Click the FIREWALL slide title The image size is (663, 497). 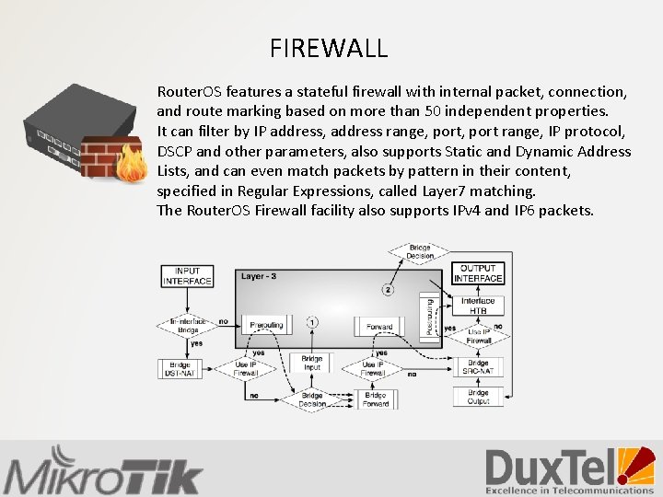(329, 48)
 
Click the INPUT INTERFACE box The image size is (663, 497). (187, 275)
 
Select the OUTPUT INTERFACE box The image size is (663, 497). (478, 272)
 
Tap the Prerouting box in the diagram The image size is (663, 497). (266, 326)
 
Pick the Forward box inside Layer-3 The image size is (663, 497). (378, 326)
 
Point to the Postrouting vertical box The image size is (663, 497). (426, 315)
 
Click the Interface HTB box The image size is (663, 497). (478, 306)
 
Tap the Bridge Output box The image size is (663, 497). (478, 396)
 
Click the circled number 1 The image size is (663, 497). (312, 322)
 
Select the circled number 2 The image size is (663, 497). (388, 290)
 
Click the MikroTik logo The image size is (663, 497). (102, 471)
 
